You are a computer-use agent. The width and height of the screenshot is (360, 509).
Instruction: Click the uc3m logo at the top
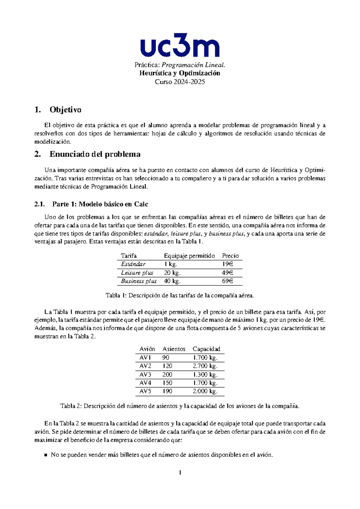pyautogui.click(x=180, y=45)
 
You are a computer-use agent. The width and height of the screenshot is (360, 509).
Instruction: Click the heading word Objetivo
pyautogui.click(x=65, y=110)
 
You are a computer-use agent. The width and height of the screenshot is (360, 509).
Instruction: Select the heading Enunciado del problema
pyautogui.click(x=95, y=154)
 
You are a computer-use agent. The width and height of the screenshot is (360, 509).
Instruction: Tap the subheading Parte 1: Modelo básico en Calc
pyautogui.click(x=100, y=204)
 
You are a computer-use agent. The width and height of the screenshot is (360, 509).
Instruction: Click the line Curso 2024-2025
pyautogui.click(x=180, y=82)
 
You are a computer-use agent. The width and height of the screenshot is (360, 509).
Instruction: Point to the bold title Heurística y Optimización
pyautogui.click(x=180, y=73)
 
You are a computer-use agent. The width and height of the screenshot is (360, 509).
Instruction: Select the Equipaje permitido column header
pyautogui.click(x=189, y=256)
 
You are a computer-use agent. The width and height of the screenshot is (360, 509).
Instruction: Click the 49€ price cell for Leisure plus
pyautogui.click(x=227, y=273)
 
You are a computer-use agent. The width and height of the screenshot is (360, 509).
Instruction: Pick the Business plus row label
pyautogui.click(x=139, y=281)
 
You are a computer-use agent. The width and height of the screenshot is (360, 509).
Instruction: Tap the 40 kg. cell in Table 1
pyautogui.click(x=172, y=281)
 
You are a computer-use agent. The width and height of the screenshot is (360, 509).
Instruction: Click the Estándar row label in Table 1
pyautogui.click(x=133, y=264)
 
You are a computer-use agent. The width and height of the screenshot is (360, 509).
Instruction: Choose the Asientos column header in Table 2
pyautogui.click(x=174, y=349)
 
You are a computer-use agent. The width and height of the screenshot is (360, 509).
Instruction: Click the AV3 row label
pyautogui.click(x=145, y=375)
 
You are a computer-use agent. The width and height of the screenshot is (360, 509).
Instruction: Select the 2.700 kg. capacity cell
pyautogui.click(x=205, y=366)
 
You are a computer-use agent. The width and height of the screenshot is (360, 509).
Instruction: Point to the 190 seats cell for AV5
pyautogui.click(x=167, y=391)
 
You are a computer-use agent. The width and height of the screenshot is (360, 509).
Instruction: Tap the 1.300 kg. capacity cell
pyautogui.click(x=205, y=375)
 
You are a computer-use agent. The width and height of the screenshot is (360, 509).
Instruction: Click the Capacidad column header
pyautogui.click(x=206, y=349)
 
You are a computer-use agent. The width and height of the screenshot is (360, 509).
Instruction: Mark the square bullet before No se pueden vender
pyautogui.click(x=46, y=455)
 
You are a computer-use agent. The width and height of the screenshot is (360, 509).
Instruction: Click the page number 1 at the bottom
pyautogui.click(x=180, y=473)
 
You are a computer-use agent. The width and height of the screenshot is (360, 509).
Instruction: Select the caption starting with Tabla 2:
pyautogui.click(x=180, y=406)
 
